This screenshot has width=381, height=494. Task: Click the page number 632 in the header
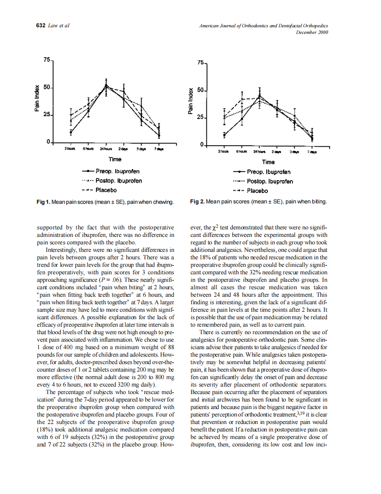pyautogui.click(x=40, y=26)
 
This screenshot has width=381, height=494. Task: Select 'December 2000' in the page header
pyautogui.click(x=312, y=32)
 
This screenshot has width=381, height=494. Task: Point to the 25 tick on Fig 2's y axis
pyautogui.click(x=201, y=118)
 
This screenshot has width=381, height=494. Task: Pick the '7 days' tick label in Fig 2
pyautogui.click(x=312, y=152)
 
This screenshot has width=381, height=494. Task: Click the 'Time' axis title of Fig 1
pyautogui.click(x=115, y=159)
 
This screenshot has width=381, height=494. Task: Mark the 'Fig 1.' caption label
pyautogui.click(x=43, y=202)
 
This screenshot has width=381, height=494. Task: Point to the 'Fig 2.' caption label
pyautogui.click(x=197, y=202)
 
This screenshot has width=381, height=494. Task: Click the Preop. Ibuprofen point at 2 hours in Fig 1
pyautogui.click(x=71, y=131)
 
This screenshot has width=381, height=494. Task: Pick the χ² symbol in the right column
pyautogui.click(x=215, y=228)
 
